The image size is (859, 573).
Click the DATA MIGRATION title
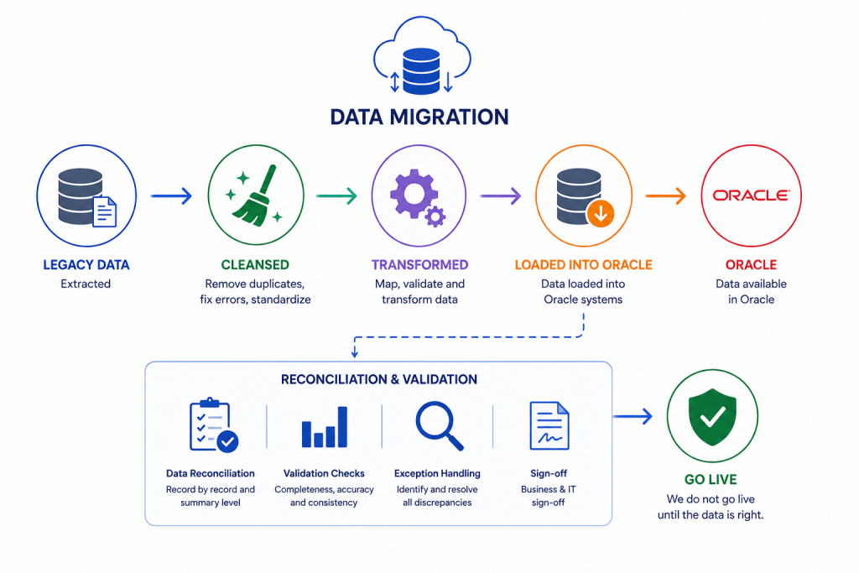pyautogui.click(x=419, y=117)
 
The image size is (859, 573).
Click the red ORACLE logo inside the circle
pyautogui.click(x=751, y=195)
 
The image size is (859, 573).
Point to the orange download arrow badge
pyautogui.click(x=601, y=214)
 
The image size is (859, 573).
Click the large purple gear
pyautogui.click(x=414, y=194)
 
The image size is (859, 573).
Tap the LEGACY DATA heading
pyautogui.click(x=86, y=265)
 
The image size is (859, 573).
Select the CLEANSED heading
pyautogui.click(x=255, y=265)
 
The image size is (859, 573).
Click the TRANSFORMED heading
pyautogui.click(x=419, y=265)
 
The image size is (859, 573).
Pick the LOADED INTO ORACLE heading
pyautogui.click(x=584, y=265)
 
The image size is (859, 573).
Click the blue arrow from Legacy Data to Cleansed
pyautogui.click(x=171, y=196)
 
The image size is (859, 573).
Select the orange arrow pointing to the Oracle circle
pyautogui.click(x=665, y=196)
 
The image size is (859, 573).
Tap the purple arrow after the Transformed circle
pyautogui.click(x=501, y=196)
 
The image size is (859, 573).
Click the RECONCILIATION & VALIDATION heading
pyautogui.click(x=379, y=380)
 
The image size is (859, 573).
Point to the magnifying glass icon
pyautogui.click(x=440, y=426)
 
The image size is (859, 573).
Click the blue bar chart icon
pyautogui.click(x=325, y=427)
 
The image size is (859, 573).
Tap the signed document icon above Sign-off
pyautogui.click(x=549, y=425)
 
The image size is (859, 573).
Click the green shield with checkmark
pyautogui.click(x=712, y=418)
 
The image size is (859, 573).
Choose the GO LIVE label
pyautogui.click(x=711, y=480)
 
